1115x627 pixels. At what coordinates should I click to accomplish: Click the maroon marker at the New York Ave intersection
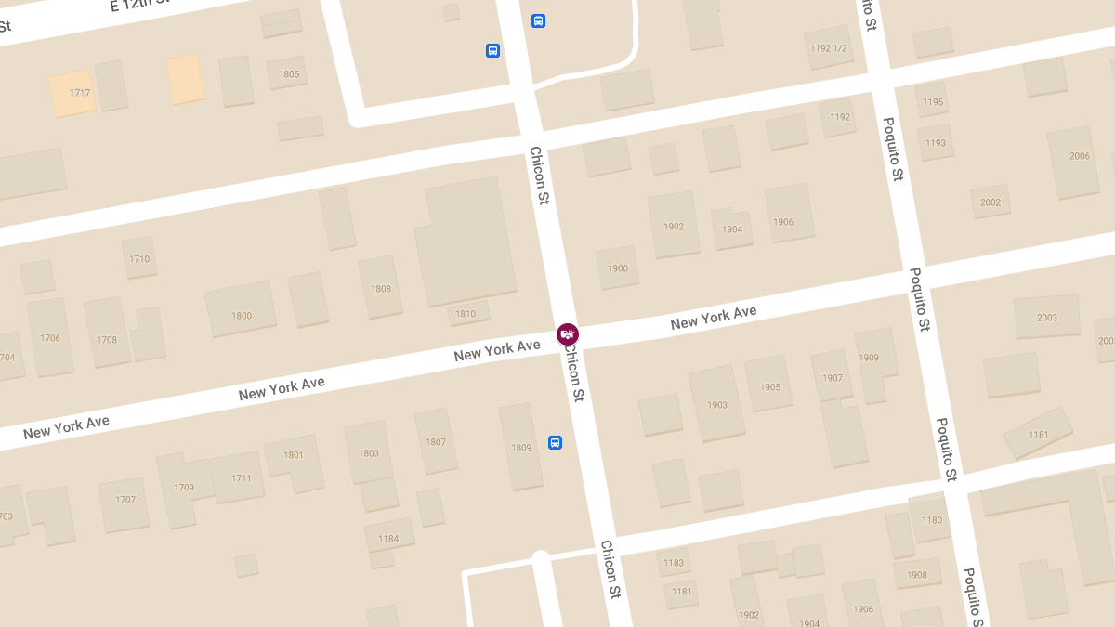coord(568,333)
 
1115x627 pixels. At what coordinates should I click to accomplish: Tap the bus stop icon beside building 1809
coord(555,442)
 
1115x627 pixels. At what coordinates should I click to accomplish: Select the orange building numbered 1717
coord(72,93)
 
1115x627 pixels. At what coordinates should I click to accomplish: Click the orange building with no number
coord(185,79)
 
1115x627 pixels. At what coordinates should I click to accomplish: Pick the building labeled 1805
coord(288,73)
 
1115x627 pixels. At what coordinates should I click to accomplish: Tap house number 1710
coord(139,258)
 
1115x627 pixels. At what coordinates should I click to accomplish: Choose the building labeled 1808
coord(381,288)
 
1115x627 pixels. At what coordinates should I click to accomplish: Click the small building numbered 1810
coord(466,313)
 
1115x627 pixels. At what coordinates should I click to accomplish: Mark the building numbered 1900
coord(618,268)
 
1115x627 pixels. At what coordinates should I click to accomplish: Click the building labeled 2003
coord(1047,317)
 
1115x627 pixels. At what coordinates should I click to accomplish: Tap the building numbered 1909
coord(872,360)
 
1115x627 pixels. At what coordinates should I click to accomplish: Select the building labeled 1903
coord(716,403)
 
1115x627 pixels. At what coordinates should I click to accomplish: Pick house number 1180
coord(931,519)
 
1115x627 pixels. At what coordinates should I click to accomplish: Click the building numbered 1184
coord(388,537)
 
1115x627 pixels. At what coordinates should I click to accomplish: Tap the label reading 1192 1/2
coord(828,47)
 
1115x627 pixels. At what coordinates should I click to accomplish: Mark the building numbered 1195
coord(933,100)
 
